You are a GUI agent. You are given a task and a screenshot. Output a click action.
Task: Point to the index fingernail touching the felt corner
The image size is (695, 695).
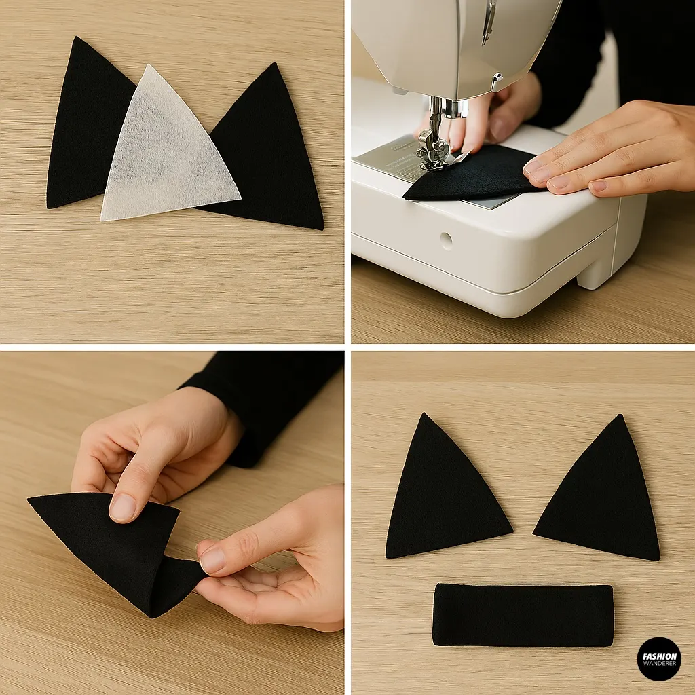click(x=212, y=560)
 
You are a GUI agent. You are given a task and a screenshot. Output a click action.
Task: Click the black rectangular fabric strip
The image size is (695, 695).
click(x=523, y=615)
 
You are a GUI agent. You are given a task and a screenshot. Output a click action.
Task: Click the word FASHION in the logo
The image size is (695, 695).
click(x=658, y=656)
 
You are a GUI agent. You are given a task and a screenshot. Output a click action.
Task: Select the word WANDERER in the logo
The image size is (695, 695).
click(x=658, y=664)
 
